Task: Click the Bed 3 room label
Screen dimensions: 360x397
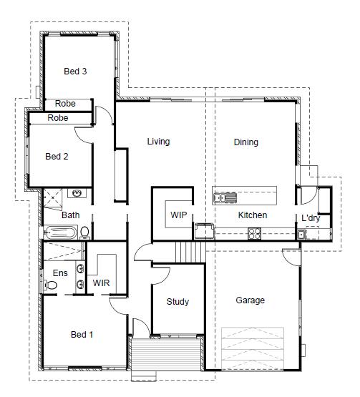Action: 75,72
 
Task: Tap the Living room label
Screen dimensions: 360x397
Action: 159,142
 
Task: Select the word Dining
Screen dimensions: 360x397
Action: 246,142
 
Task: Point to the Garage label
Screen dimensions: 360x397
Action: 250,300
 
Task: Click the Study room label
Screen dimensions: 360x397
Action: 177,302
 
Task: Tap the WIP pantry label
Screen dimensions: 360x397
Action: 179,215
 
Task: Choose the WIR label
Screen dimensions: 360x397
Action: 101,283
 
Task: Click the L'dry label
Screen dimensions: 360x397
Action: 311,218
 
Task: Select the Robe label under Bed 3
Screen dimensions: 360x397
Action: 65,104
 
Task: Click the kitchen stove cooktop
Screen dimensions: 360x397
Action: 254,234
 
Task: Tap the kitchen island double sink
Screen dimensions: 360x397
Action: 225,197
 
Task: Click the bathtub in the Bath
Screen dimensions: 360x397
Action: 60,232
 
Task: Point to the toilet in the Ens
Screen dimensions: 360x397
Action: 50,285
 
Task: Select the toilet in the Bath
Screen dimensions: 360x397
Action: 84,232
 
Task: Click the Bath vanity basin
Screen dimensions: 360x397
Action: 77,193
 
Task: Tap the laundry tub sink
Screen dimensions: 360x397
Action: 301,235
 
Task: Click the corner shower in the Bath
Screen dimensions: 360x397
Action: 53,200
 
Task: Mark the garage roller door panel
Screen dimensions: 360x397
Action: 253,348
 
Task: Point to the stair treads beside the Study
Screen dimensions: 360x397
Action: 190,253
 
